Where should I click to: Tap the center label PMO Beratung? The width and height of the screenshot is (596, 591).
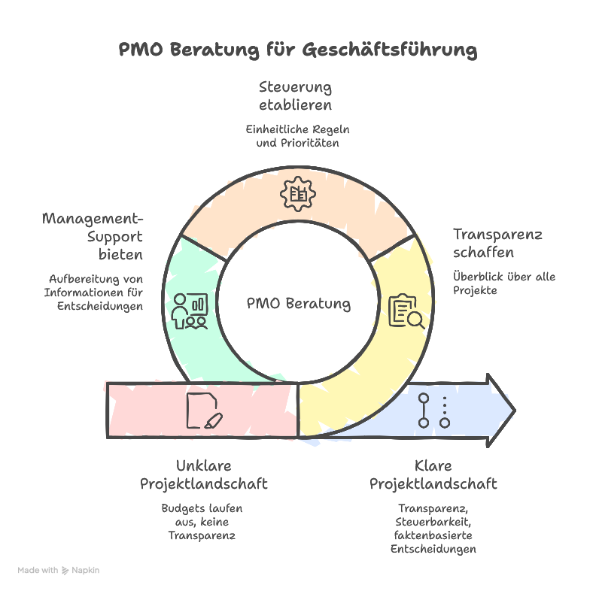click(x=299, y=304)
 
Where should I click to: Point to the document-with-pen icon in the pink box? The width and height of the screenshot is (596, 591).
click(x=204, y=410)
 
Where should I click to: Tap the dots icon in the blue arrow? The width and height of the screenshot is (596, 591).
click(x=434, y=410)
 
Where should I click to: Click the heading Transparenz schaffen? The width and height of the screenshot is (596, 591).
click(x=497, y=243)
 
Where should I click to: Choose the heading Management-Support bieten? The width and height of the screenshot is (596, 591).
click(x=93, y=237)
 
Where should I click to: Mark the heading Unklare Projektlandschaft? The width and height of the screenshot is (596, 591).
click(x=203, y=474)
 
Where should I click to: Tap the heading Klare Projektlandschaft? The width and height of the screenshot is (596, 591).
click(x=433, y=474)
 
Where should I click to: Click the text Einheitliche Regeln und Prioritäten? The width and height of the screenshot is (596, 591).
click(x=298, y=135)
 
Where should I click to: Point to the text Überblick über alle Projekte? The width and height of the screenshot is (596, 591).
click(x=503, y=283)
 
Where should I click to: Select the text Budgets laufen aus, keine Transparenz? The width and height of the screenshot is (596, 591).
click(x=202, y=522)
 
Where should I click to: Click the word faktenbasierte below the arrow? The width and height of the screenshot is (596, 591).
click(x=433, y=535)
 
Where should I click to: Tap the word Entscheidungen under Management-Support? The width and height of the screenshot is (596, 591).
click(x=99, y=306)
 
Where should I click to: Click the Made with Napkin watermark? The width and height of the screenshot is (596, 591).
click(x=59, y=571)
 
